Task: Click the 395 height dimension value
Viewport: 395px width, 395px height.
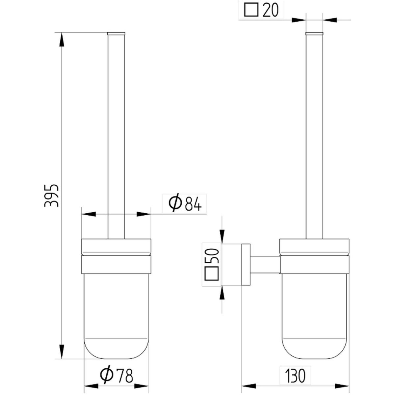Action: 51,195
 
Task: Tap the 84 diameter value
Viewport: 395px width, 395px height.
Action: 193,204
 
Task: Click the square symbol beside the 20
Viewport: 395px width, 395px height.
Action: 251,10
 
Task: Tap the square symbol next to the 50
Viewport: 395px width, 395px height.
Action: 212,274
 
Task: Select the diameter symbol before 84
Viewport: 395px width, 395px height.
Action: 175,203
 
